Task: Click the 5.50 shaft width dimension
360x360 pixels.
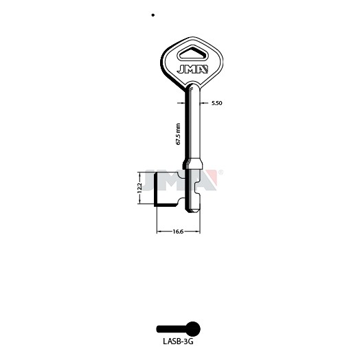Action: point(216,103)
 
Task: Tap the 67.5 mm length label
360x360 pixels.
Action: point(178,134)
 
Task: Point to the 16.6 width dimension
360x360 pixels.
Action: point(178,232)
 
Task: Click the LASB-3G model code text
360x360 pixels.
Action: point(178,341)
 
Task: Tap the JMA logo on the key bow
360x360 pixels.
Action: point(192,69)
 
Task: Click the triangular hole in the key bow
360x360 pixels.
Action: point(192,54)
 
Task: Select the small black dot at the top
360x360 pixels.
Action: point(153,15)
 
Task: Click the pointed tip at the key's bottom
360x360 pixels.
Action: point(194,212)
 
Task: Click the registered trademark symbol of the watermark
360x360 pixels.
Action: point(221,172)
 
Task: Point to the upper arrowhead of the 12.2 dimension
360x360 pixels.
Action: point(139,174)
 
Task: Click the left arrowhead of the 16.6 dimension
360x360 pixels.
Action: point(159,232)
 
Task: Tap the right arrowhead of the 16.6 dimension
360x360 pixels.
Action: point(198,232)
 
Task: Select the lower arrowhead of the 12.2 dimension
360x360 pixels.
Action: point(139,202)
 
